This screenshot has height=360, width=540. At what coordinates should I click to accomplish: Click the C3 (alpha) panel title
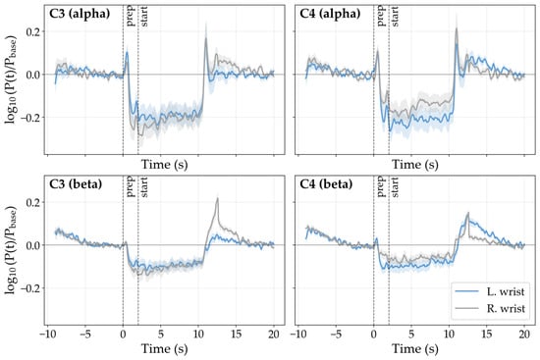(80, 14)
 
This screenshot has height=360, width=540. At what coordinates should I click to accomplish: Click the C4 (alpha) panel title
(330, 14)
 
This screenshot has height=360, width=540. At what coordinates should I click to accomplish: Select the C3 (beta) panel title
(76, 184)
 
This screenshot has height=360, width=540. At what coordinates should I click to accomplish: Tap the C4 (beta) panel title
(327, 184)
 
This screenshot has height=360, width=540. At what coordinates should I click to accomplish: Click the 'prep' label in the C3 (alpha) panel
(131, 16)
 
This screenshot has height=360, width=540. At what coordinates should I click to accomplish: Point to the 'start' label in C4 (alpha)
(395, 16)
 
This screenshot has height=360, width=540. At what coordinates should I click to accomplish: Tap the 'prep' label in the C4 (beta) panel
(381, 186)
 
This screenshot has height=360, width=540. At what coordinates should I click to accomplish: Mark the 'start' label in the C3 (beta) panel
(144, 187)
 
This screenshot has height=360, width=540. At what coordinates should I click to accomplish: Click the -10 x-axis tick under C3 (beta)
(47, 334)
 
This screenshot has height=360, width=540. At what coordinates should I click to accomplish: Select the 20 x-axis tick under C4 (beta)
(524, 334)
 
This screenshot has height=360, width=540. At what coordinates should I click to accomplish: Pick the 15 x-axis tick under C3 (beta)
(237, 334)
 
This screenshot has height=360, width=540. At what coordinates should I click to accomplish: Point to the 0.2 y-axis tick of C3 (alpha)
(33, 31)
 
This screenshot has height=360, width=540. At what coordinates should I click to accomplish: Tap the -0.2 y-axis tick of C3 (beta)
(30, 287)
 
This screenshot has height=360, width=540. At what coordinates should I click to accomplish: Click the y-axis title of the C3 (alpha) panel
(11, 79)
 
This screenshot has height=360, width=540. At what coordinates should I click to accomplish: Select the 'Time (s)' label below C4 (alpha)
(415, 165)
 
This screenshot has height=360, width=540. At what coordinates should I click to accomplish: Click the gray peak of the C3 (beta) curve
(218, 198)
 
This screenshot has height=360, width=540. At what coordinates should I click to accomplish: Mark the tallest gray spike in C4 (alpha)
(457, 28)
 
